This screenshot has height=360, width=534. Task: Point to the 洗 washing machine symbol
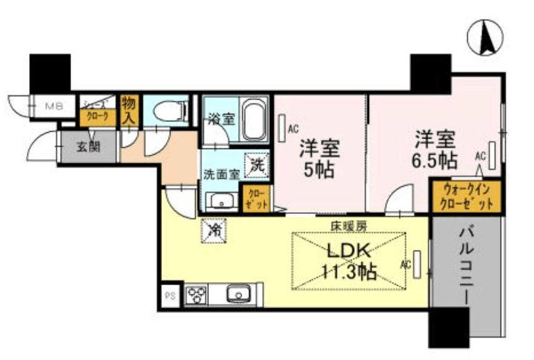point(256,164)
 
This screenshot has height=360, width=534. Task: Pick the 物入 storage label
point(129,109)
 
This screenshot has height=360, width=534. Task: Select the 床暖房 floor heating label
point(349,225)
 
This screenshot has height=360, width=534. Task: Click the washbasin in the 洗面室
point(219,201)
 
